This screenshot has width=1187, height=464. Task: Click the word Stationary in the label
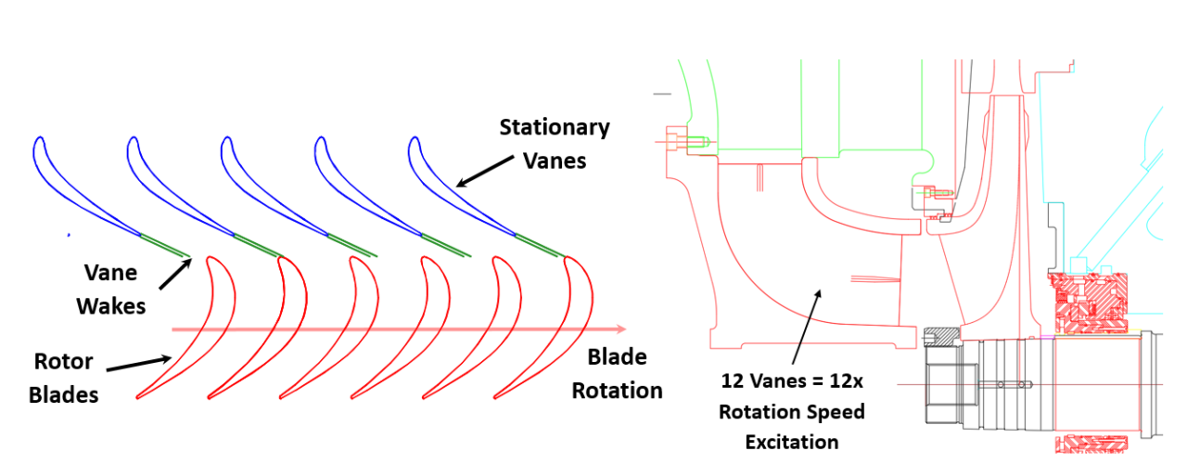(555, 127)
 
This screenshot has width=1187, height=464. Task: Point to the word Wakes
(111, 305)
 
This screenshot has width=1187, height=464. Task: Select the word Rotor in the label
(61, 362)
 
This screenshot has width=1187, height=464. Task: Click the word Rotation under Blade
(617, 391)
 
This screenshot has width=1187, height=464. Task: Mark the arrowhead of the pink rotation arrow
(620, 329)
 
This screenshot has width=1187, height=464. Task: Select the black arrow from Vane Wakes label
(173, 274)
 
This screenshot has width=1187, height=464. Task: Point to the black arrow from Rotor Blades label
(139, 363)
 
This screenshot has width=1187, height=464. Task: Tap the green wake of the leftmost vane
(165, 245)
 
